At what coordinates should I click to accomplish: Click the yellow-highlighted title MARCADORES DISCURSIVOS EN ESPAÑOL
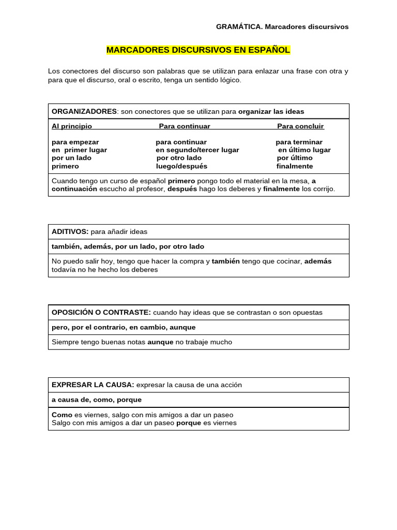click(x=198, y=50)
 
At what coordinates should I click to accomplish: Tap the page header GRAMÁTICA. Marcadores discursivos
click(x=282, y=26)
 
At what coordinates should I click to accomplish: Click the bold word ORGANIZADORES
click(x=84, y=111)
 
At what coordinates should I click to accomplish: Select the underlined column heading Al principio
click(x=71, y=126)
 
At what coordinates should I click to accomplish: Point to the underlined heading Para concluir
click(x=300, y=126)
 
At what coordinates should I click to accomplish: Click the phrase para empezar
click(x=75, y=142)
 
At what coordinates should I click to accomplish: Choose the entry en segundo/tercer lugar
click(x=197, y=150)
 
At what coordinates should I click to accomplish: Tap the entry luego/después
click(x=181, y=166)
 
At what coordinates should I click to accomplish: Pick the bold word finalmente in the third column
click(x=295, y=166)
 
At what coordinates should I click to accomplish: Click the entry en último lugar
click(x=304, y=150)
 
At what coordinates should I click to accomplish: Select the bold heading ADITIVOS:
click(x=70, y=232)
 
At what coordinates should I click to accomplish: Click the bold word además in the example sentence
click(x=318, y=261)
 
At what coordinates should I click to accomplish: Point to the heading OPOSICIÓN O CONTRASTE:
click(x=101, y=313)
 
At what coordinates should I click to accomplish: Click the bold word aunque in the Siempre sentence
click(x=160, y=342)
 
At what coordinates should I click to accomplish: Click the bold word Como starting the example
click(x=62, y=415)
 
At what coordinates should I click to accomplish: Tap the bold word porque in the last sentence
click(x=189, y=423)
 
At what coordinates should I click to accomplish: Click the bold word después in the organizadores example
click(x=182, y=189)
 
